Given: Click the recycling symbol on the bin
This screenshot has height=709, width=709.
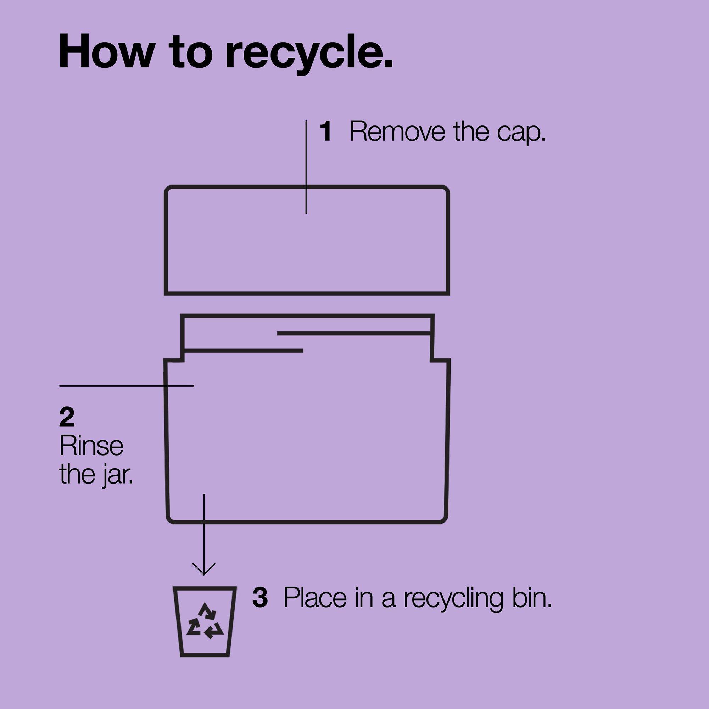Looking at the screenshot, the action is pyautogui.click(x=205, y=622).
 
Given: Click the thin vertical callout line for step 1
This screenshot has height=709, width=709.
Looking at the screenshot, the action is pyautogui.click(x=306, y=167).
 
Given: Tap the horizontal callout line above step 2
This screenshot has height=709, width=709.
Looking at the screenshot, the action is pyautogui.click(x=126, y=386).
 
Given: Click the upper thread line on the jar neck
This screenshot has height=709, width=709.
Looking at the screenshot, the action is pyautogui.click(x=354, y=333).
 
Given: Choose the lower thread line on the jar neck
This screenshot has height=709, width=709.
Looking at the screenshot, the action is pyautogui.click(x=243, y=351).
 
